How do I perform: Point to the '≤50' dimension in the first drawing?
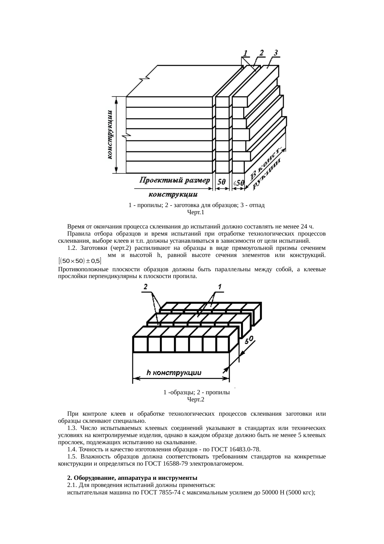pos(238,183)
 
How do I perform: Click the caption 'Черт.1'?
pos(196,213)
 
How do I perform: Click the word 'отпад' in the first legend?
pos(256,205)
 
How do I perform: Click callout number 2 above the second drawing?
pos(146,287)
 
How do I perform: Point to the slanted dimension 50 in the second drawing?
pos(250,340)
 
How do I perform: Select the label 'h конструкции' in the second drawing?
pos(174,373)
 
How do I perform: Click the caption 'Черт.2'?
pos(196,400)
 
